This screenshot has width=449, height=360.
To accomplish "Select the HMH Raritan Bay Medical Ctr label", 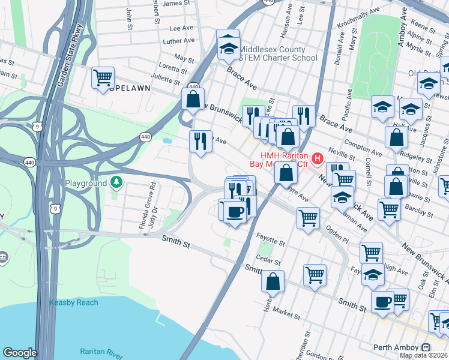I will tap(277, 159).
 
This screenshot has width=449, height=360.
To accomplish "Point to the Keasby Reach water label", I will tap(73, 302).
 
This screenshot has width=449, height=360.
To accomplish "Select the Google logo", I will tap(19, 353).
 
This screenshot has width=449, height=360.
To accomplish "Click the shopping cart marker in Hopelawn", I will tap(103, 77).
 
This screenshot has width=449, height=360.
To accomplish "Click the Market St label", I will tap(288, 314).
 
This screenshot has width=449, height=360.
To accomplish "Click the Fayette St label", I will tap(270, 241).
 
